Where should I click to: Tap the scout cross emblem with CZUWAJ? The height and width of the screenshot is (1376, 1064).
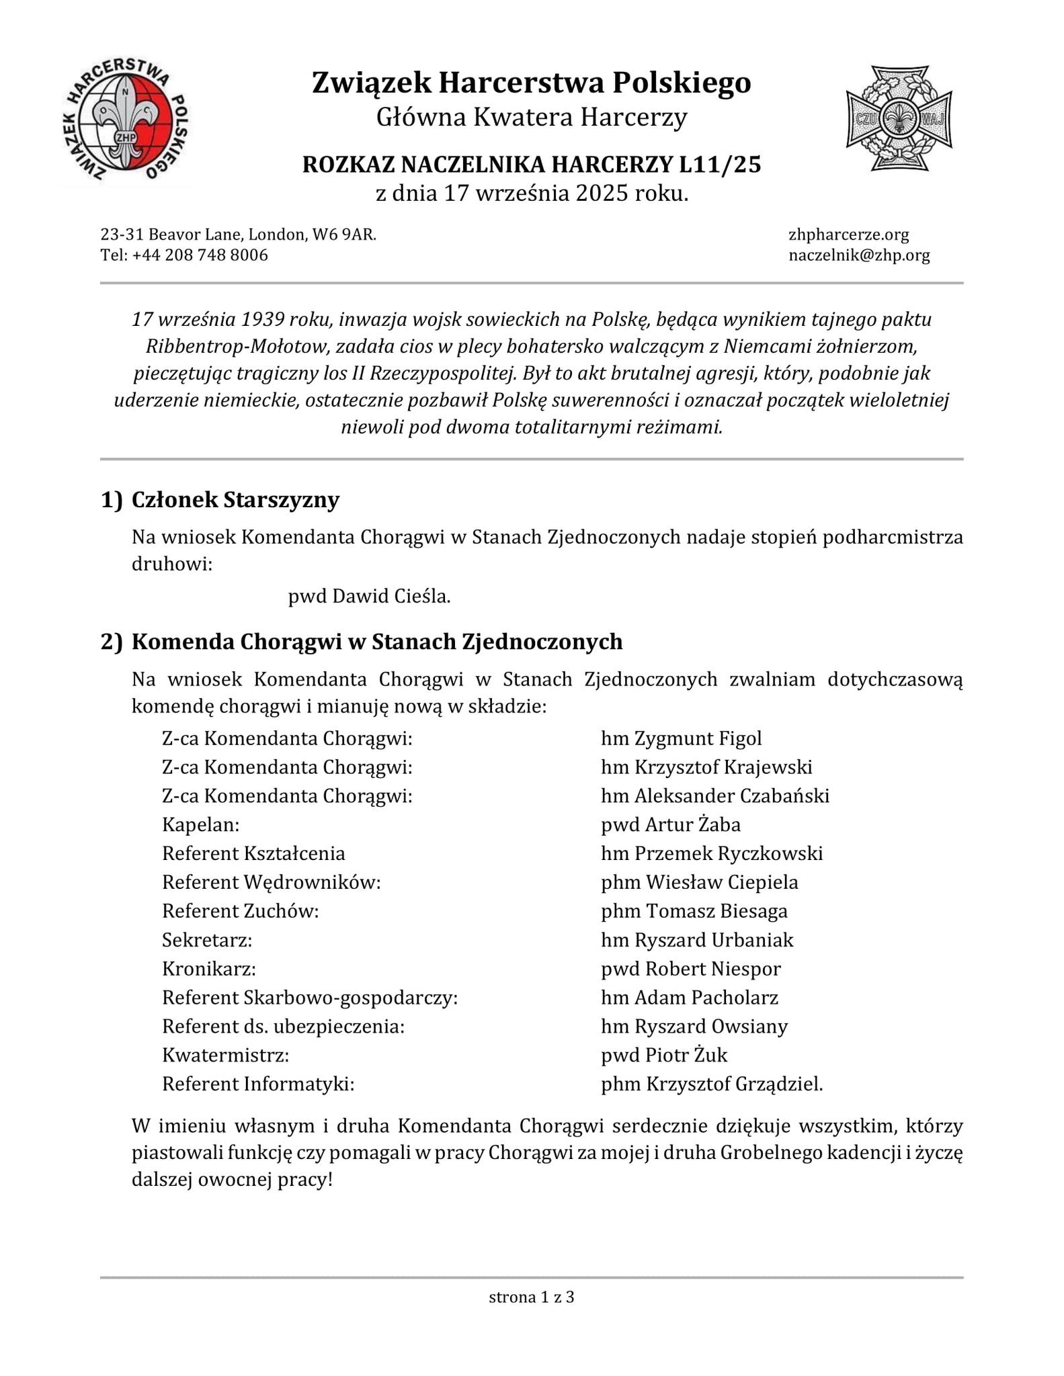point(899,118)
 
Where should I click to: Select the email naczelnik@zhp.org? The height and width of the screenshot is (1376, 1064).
point(859,255)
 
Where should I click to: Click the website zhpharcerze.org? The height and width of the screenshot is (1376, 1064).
point(848,234)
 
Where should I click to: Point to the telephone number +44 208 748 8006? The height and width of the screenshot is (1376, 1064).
point(200,255)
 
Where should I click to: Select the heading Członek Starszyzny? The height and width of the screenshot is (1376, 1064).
point(235,500)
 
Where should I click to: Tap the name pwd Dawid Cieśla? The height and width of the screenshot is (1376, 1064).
point(369,596)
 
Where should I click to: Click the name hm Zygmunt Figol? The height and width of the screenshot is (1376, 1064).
point(681,738)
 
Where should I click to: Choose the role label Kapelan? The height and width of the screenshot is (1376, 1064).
point(200,824)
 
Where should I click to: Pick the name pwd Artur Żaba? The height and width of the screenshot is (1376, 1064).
point(670,824)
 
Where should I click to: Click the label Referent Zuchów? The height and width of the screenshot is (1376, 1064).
point(240,911)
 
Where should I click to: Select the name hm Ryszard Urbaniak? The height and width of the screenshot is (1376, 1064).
point(697,940)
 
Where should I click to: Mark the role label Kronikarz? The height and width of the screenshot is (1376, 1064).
point(208,969)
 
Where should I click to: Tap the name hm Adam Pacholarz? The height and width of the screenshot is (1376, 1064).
point(689,998)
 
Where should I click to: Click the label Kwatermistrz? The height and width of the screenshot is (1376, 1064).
point(225,1056)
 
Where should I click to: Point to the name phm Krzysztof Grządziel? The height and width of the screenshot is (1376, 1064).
point(711,1084)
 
